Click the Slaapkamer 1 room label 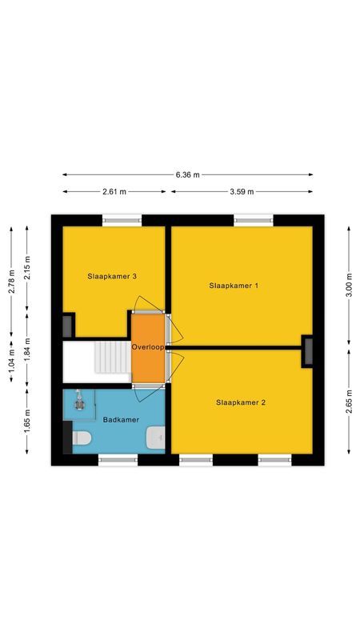point(234,286)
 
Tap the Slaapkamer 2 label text point(241,402)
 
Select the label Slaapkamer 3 point(112,276)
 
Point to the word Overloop point(148,348)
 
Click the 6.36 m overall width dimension point(188,174)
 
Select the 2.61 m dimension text point(114,192)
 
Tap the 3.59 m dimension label point(241,192)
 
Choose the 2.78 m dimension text point(11,280)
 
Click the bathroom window point(118,459)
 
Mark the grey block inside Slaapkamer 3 point(67,326)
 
